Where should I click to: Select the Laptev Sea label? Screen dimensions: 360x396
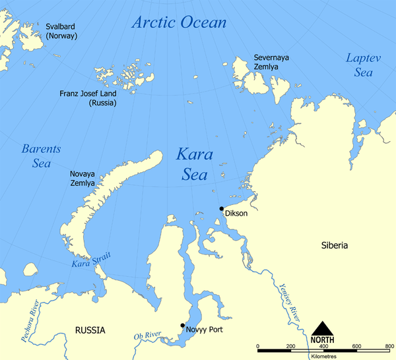point(364,65)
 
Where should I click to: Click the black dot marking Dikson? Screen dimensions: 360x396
point(222,208)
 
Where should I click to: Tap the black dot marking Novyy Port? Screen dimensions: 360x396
point(182,325)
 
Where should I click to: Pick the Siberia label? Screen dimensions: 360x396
point(335,245)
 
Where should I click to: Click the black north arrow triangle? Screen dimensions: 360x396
point(322,328)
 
